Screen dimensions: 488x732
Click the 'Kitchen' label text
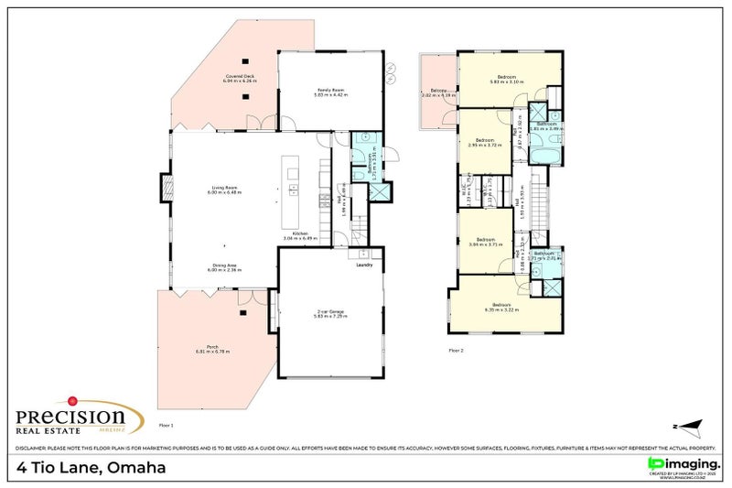299,233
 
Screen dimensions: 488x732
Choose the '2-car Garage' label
328,311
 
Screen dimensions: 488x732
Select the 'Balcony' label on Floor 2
438,91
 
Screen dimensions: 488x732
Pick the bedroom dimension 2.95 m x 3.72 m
485,146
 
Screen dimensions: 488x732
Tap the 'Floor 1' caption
166,426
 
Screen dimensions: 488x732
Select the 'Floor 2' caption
456,351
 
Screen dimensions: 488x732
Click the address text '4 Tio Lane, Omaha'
91,468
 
